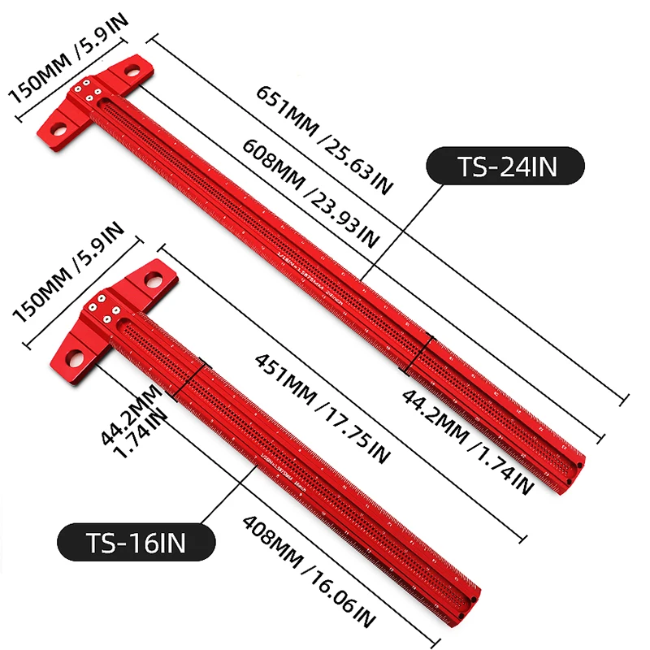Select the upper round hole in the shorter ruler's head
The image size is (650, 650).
pyautogui.click(x=152, y=282)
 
